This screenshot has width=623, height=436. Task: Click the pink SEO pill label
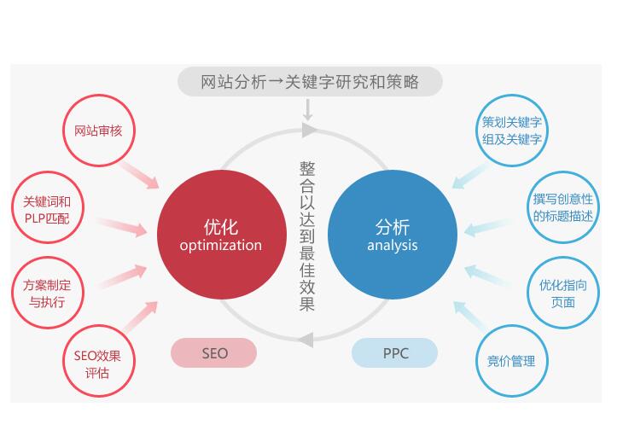(213, 353)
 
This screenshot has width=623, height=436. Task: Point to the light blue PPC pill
(395, 353)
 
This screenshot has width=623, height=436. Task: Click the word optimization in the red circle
(221, 246)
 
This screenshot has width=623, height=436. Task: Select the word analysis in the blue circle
(393, 246)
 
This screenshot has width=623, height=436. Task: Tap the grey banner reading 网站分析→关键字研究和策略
(310, 82)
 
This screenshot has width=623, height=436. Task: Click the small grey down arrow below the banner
(307, 110)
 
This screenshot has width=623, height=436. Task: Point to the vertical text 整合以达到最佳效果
(307, 235)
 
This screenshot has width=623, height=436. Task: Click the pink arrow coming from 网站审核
(139, 175)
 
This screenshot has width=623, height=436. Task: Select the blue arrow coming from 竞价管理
(469, 317)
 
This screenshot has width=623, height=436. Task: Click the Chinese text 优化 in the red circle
(221, 228)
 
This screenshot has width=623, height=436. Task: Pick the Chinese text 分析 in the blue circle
(393, 228)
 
